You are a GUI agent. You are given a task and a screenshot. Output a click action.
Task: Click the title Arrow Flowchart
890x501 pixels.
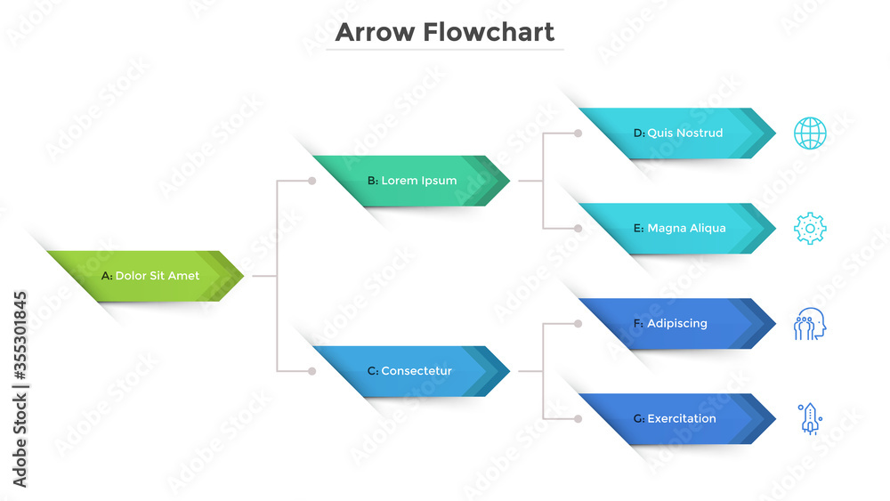coord(444,32)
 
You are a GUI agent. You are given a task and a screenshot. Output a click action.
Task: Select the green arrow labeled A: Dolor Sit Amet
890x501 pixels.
coord(146,276)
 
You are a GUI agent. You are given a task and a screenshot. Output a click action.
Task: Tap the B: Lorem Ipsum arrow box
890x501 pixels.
coord(411,181)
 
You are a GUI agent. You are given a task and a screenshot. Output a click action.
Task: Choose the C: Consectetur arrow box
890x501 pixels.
coord(411,371)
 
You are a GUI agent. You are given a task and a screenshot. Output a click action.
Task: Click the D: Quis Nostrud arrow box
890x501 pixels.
coord(677,133)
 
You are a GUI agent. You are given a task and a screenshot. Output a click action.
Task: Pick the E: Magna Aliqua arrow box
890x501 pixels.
coord(677,228)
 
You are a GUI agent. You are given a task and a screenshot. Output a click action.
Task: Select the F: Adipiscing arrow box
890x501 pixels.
coord(677,323)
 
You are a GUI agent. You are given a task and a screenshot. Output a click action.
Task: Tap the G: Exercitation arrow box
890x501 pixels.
coord(677,419)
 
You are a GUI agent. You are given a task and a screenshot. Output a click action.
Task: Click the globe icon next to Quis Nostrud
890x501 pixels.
coord(810,133)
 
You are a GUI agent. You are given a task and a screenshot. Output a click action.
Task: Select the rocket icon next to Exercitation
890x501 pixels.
coord(810,419)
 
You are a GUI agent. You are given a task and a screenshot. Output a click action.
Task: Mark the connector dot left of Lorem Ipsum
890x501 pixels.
coord(312,181)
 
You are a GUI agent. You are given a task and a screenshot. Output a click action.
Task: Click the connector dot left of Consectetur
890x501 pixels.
coord(312,371)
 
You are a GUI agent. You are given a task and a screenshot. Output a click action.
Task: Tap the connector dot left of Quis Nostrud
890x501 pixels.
coord(578,133)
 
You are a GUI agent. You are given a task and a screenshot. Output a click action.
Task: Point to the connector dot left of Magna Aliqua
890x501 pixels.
coord(578,229)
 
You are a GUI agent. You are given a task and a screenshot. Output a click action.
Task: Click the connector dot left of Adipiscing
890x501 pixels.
coord(578,324)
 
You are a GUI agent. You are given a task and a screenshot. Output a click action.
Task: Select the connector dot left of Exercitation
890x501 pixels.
coord(578,419)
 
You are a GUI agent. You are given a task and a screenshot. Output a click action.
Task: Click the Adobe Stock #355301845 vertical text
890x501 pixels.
coord(20,389)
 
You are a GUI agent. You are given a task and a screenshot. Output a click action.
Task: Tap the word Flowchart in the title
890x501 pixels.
coord(489,32)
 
